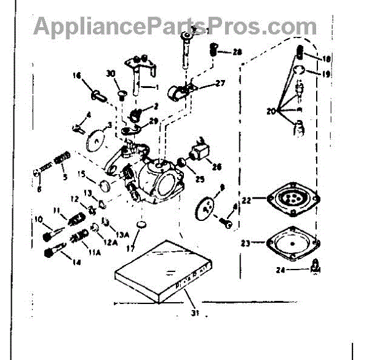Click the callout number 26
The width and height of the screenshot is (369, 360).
[x=216, y=166]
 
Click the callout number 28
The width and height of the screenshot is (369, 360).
[x=237, y=52]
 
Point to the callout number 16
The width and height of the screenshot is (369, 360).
[x=77, y=76]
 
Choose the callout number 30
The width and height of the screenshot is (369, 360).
[x=111, y=73]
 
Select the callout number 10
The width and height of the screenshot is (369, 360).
[x=38, y=218]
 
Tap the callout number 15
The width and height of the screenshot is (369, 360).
[x=82, y=175]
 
